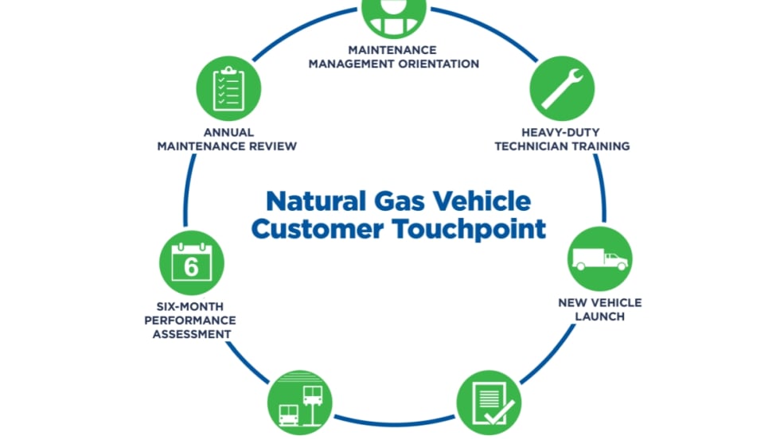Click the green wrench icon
point(562,88)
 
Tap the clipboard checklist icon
point(228,88)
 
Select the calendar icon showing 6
point(192,262)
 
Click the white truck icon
point(600,259)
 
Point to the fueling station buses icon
point(299,402)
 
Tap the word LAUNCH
point(600,317)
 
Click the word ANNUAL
point(228,132)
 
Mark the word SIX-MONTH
point(189,305)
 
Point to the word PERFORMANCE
point(189,320)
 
